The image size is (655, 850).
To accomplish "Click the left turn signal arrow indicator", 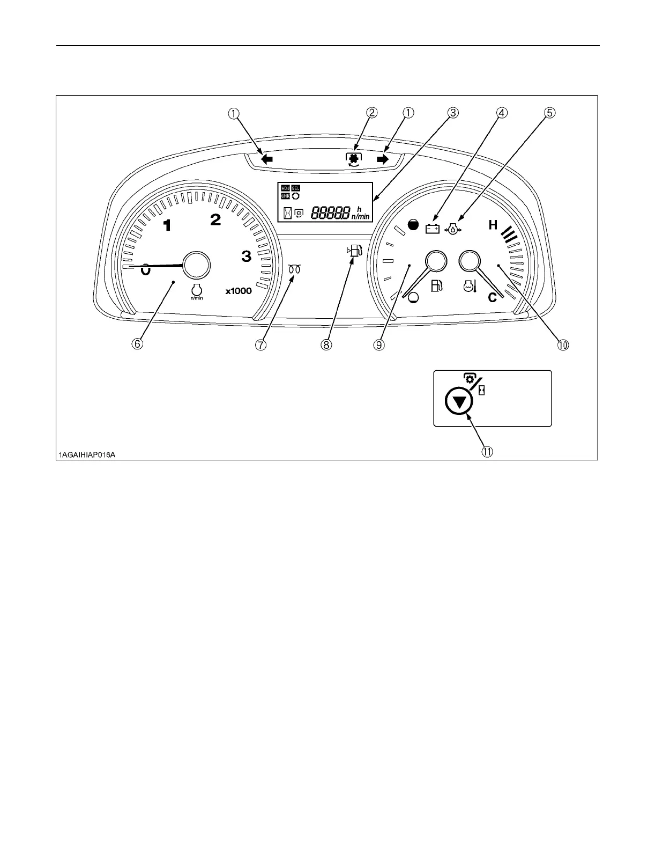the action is pyautogui.click(x=266, y=159).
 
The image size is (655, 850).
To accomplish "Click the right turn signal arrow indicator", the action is pyautogui.click(x=382, y=159).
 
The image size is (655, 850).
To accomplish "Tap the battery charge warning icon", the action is pyautogui.click(x=432, y=229).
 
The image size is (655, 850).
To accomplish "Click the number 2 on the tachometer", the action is pyautogui.click(x=215, y=219).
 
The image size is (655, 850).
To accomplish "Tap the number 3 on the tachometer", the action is pyautogui.click(x=246, y=256).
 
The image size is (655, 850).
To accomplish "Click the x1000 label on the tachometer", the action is pyautogui.click(x=238, y=291).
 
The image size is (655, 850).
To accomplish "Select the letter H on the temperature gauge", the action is pyautogui.click(x=493, y=225).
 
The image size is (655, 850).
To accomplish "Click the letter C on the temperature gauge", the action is pyautogui.click(x=492, y=297).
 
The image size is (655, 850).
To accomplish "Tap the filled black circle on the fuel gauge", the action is pyautogui.click(x=413, y=225).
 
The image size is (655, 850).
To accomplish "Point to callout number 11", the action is pyautogui.click(x=487, y=452).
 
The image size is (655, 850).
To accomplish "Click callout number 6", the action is pyautogui.click(x=138, y=344).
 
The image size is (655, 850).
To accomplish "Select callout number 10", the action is pyautogui.click(x=563, y=344).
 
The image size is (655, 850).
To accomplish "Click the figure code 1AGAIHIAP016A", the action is pyautogui.click(x=87, y=455).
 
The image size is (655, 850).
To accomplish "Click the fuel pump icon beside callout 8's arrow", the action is pyautogui.click(x=356, y=251).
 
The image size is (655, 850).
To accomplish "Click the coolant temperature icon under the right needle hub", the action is pyautogui.click(x=470, y=287).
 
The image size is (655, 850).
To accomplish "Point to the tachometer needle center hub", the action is pyautogui.click(x=196, y=265).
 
